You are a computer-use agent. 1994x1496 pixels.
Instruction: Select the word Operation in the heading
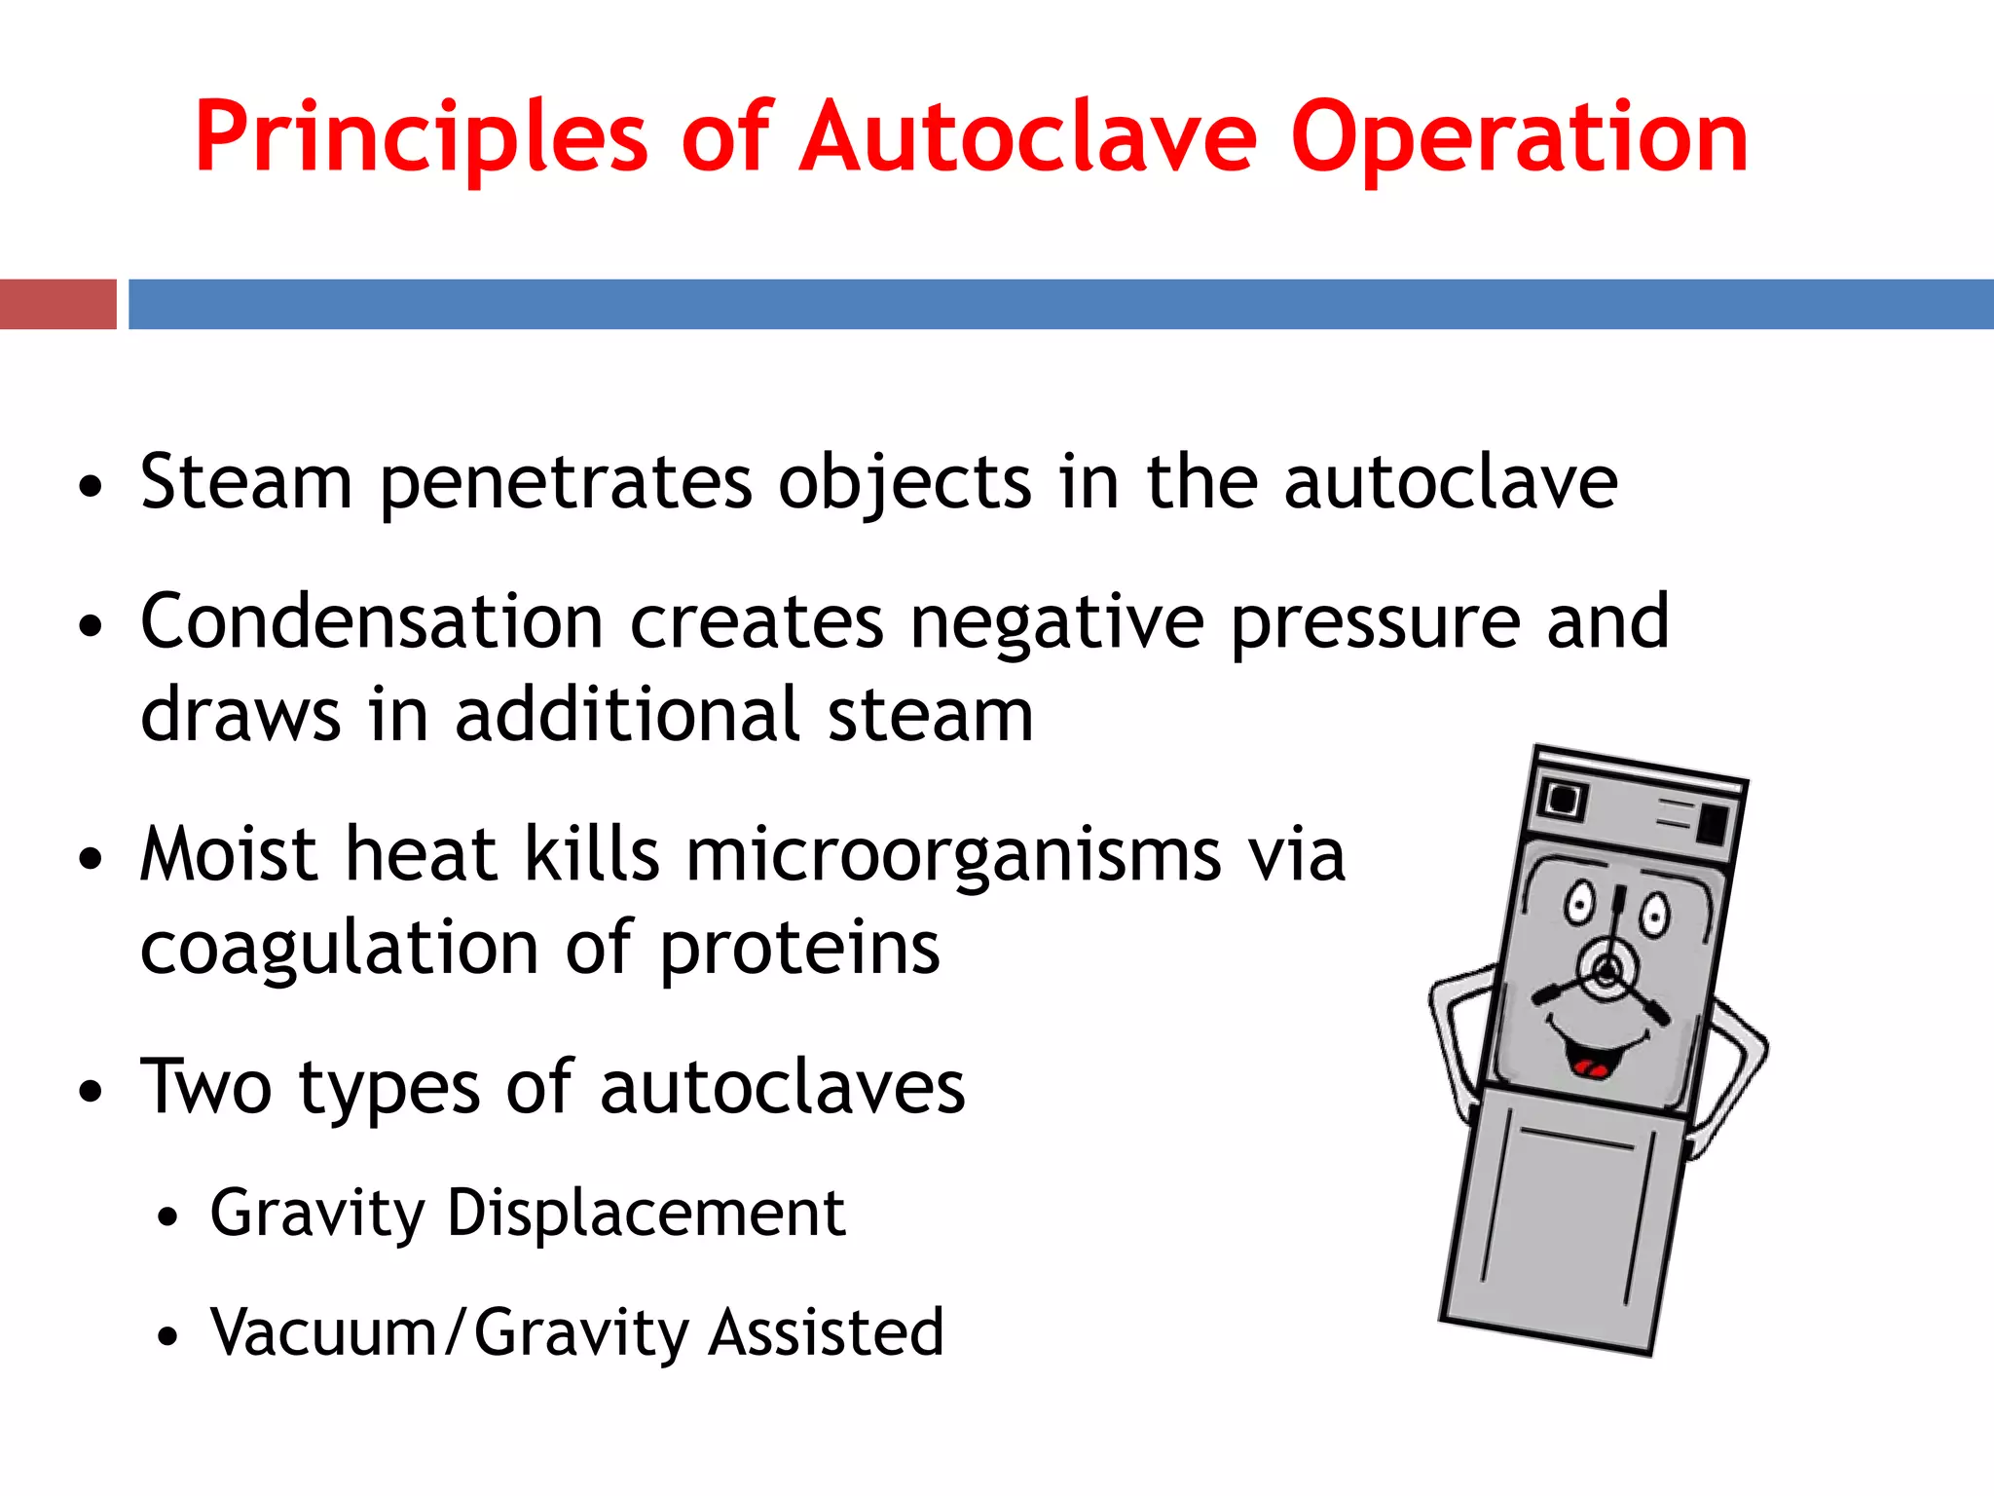tap(1519, 138)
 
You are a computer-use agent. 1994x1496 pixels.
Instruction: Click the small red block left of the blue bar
tap(57, 304)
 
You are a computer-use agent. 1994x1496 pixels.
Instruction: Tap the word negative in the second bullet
tap(1056, 621)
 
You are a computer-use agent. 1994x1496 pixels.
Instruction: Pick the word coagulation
tap(339, 947)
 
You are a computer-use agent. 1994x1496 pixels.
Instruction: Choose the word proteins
tap(799, 947)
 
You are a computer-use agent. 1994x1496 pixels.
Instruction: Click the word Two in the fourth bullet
tap(205, 1086)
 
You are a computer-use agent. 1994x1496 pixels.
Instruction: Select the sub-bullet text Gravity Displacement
tap(527, 1213)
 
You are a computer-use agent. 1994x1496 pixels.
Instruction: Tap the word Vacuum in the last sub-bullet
tap(323, 1331)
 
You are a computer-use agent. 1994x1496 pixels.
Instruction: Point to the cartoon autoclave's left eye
tap(1578, 903)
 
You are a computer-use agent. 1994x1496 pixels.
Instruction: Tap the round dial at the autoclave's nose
tap(1607, 970)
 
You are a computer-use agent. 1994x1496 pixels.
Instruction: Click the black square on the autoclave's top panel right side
tap(1713, 824)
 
